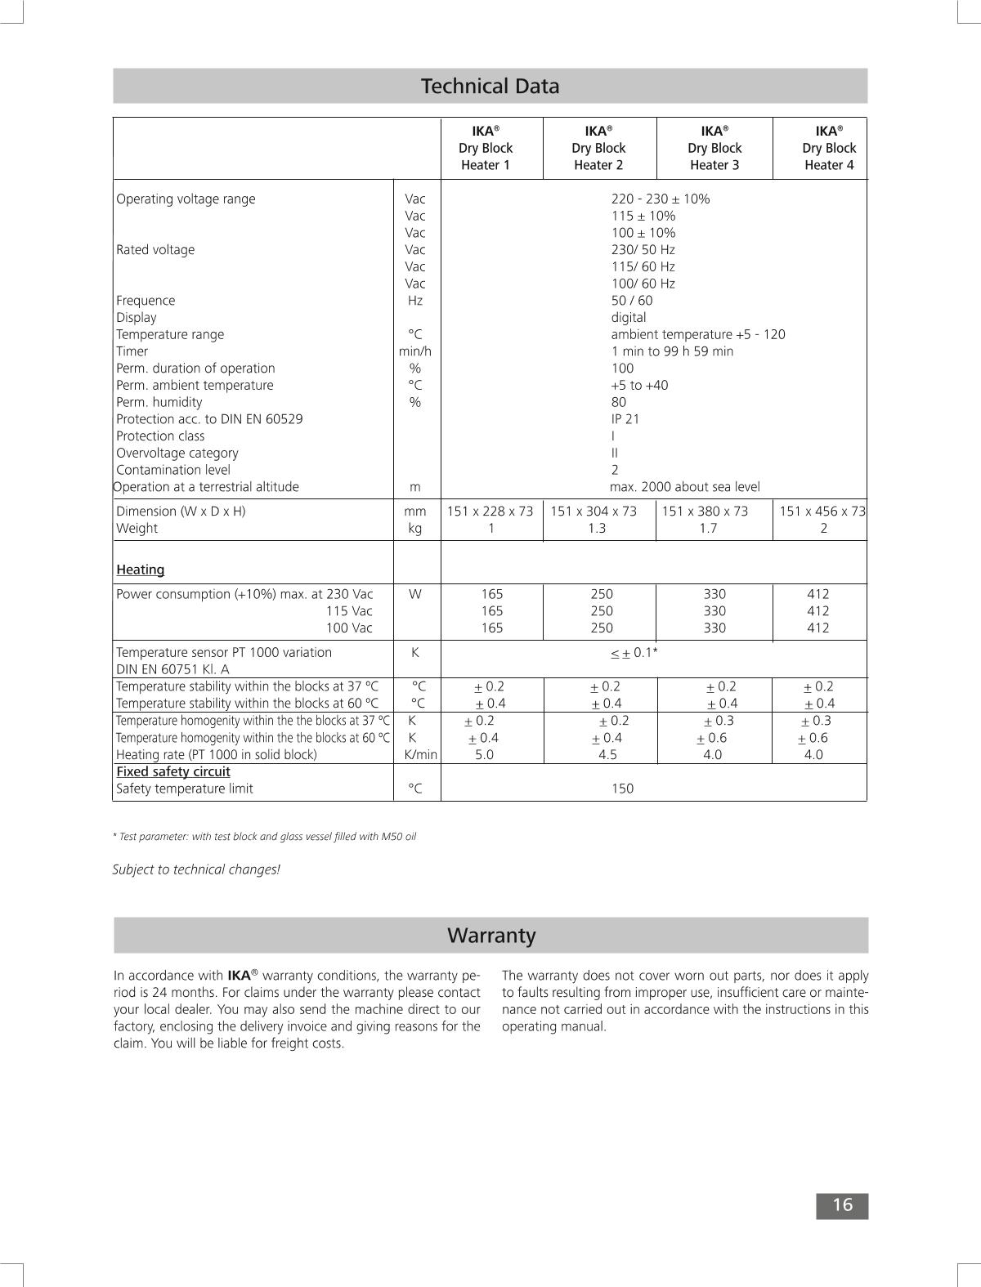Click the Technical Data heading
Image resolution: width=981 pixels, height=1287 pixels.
(x=490, y=86)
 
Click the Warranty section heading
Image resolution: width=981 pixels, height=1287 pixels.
(x=490, y=935)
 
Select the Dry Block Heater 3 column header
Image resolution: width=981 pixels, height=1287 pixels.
(x=714, y=148)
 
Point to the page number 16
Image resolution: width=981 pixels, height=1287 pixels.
(x=842, y=1205)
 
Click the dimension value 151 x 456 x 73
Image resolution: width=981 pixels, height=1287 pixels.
(x=822, y=512)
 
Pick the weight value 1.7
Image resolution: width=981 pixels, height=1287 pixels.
(x=708, y=529)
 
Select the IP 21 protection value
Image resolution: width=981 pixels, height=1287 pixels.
(x=625, y=419)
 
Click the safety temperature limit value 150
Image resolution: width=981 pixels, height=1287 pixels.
(x=622, y=789)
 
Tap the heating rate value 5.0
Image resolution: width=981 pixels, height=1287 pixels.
(x=485, y=755)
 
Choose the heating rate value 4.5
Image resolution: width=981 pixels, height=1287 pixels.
(x=607, y=755)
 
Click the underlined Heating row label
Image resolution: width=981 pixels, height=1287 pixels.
(x=141, y=570)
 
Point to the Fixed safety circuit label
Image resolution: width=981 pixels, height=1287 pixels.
(x=173, y=771)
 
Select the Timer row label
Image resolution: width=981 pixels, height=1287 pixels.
(x=132, y=351)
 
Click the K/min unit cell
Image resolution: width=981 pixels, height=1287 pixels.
(x=420, y=755)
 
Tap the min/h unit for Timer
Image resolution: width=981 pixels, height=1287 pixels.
(x=414, y=351)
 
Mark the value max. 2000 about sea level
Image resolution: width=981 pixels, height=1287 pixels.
(x=684, y=487)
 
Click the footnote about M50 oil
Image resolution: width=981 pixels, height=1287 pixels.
(x=264, y=837)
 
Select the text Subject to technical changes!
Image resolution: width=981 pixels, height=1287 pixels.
(x=196, y=869)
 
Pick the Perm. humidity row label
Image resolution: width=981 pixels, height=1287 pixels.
(x=159, y=402)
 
